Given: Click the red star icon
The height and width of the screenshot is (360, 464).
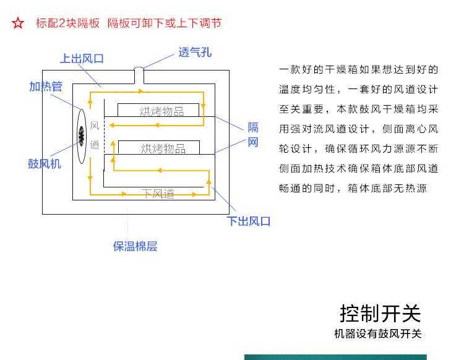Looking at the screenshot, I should [18, 24].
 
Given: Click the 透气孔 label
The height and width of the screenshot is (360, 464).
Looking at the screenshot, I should [195, 53].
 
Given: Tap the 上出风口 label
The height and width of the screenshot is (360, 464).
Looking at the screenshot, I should [82, 59].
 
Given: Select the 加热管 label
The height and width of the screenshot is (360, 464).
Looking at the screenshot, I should [45, 87].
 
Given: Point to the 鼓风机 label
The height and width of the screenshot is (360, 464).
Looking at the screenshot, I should [45, 164].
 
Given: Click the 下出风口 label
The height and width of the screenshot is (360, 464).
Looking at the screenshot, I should [249, 221].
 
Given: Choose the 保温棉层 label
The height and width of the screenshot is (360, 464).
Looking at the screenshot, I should [135, 246].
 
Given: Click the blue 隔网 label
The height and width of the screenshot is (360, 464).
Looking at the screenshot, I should [252, 135].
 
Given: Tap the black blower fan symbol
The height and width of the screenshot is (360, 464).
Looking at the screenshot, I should [81, 134].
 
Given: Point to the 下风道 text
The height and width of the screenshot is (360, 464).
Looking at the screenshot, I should [158, 194].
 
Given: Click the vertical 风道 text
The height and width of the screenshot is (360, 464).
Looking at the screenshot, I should [95, 135].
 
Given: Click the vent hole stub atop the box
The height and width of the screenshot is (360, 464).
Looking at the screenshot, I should [140, 74].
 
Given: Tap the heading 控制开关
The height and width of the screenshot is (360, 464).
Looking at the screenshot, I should [380, 313].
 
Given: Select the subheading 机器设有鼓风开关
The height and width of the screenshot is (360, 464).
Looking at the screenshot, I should [377, 334].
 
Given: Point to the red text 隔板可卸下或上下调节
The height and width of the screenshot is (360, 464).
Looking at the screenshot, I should [164, 24].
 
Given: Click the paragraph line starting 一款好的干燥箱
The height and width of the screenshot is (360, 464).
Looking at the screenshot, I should [359, 69].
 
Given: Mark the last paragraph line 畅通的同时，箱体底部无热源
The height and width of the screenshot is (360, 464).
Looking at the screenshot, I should [353, 188].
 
